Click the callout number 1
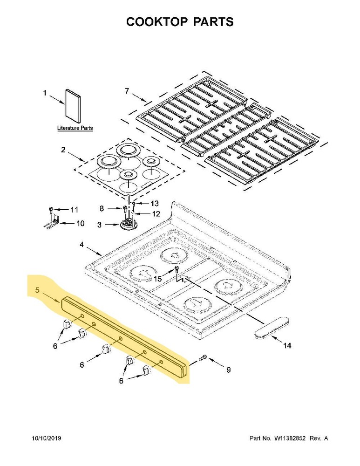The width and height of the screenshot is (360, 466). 45,93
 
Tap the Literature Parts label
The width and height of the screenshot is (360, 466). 75,128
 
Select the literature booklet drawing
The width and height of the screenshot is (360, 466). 72,105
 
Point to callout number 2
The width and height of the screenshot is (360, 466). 63,150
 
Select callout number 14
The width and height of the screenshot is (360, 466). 287,345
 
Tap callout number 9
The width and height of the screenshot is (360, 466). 228,370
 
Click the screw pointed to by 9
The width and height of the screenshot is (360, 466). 203,358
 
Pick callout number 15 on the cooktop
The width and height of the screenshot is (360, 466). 158,279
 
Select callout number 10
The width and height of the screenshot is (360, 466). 80,223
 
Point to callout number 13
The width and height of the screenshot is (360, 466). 154,203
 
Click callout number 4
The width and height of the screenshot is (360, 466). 82,244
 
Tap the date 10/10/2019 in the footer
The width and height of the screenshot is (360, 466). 47,439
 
